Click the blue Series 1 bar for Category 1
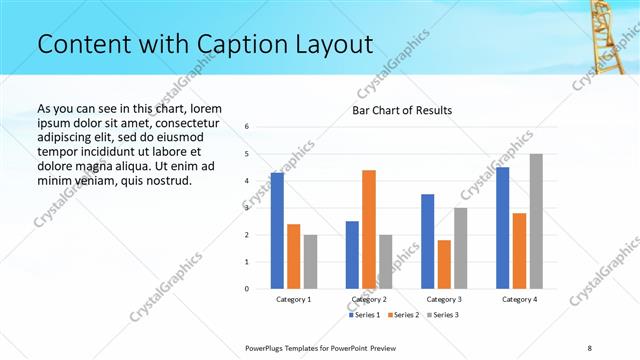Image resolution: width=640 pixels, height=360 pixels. (x=277, y=231)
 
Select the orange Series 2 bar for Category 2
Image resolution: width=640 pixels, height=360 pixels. (x=369, y=229)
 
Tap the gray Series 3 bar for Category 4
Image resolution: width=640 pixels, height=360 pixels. (x=536, y=221)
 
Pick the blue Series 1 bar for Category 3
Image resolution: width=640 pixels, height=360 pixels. (x=427, y=241)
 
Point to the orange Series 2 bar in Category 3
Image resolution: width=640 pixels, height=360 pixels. (x=444, y=264)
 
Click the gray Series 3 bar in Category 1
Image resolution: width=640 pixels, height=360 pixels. (x=311, y=261)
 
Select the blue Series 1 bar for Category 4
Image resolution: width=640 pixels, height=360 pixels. (x=502, y=228)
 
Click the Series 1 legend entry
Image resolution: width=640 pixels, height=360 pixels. (x=364, y=316)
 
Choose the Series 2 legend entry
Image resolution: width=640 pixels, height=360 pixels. (x=403, y=316)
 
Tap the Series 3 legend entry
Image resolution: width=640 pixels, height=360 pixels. (x=442, y=316)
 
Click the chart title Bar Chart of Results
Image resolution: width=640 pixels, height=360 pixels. (x=402, y=110)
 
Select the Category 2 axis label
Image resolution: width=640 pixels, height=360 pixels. (x=369, y=299)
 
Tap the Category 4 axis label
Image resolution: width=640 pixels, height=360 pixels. (x=519, y=299)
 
